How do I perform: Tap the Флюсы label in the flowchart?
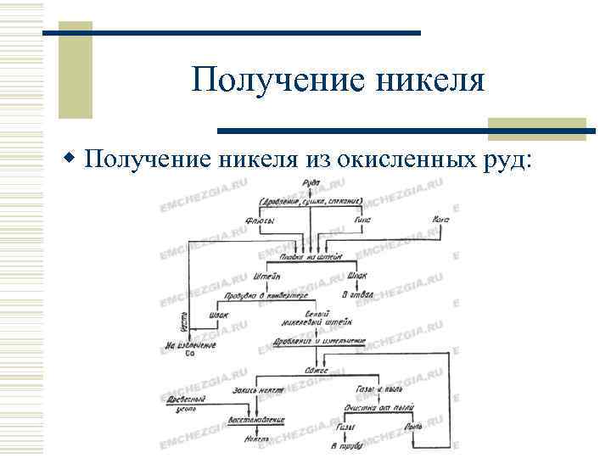tap(259, 220)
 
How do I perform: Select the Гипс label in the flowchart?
tap(361, 220)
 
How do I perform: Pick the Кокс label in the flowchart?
tap(440, 220)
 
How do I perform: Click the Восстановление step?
tap(256, 421)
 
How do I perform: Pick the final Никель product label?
tap(255, 439)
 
